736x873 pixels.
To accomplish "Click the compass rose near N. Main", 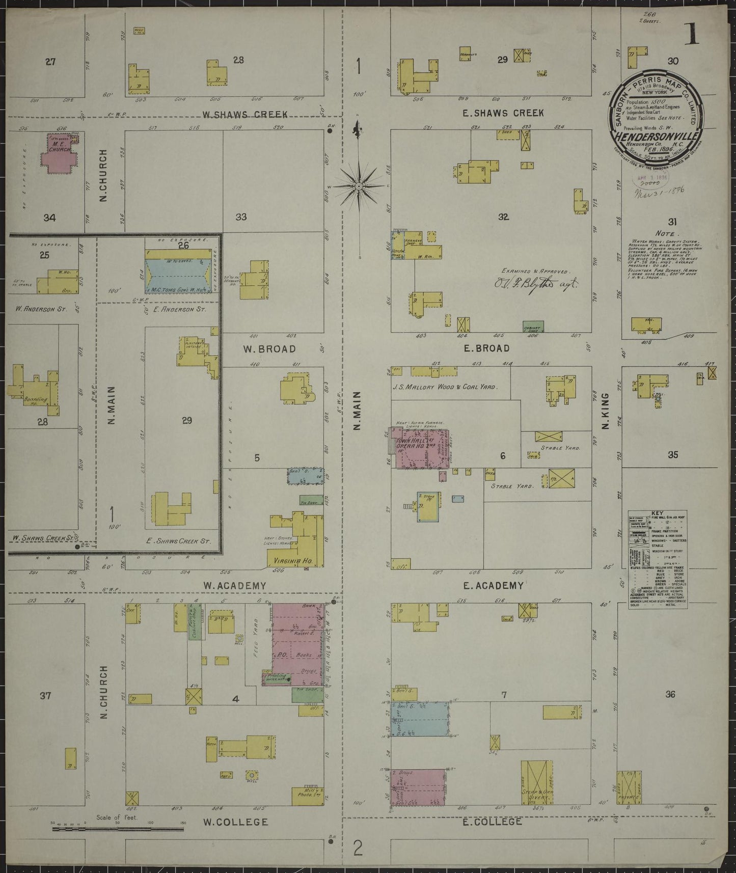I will tap(359, 186).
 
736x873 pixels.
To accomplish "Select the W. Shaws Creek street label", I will tap(245, 114).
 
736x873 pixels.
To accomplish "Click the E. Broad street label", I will tap(486, 348).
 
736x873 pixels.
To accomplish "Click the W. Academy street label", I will tap(235, 586).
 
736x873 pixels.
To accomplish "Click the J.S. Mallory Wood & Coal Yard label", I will tap(446, 387).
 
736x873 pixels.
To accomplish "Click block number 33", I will tap(241, 217).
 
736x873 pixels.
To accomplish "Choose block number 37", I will tap(45, 695).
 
